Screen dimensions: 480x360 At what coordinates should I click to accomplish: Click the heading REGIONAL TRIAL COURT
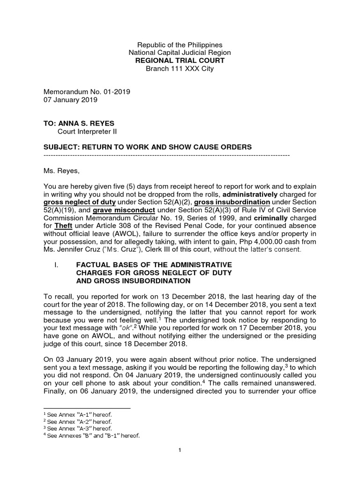180,61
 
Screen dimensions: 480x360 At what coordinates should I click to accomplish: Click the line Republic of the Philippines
180,45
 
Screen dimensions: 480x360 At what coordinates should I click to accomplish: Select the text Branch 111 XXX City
180,69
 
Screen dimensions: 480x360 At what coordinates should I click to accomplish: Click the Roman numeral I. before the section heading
56,265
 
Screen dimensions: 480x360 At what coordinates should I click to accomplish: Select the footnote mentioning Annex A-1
77,415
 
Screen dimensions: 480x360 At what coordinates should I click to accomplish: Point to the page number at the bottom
180,450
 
